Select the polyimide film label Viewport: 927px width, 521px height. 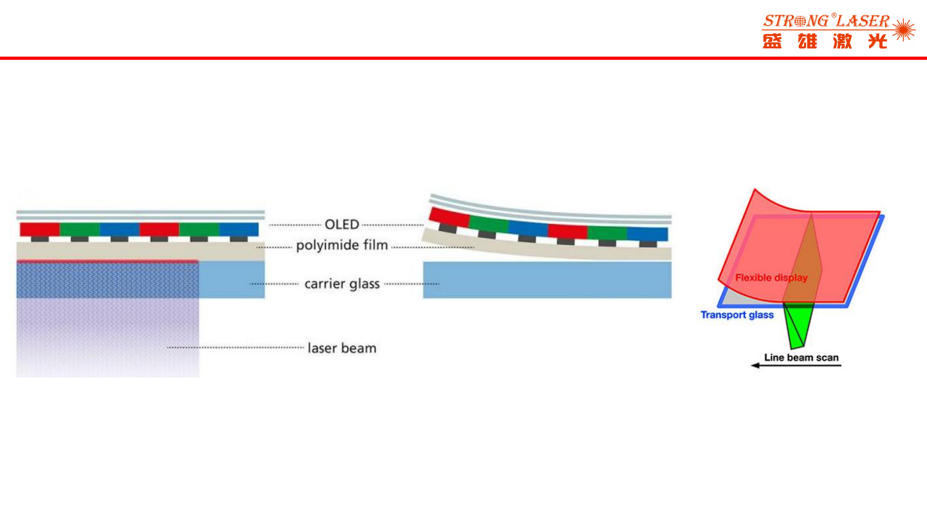coord(342,246)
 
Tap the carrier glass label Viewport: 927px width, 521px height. coord(342,284)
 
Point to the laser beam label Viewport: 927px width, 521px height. coord(342,349)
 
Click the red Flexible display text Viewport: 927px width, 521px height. coord(771,278)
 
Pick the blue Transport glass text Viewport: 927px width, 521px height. coord(737,315)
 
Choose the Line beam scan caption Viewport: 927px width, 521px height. coord(801,358)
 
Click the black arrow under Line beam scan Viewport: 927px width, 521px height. coord(796,365)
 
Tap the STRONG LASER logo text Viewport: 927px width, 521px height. coord(826,21)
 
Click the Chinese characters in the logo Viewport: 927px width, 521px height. coord(825,41)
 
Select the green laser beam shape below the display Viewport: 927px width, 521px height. coord(799,325)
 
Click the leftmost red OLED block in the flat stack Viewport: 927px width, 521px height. coord(40,230)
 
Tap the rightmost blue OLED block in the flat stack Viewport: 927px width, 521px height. coord(239,230)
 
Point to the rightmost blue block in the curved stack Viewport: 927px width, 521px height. coord(647,233)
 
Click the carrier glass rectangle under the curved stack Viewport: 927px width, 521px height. coord(547,280)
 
